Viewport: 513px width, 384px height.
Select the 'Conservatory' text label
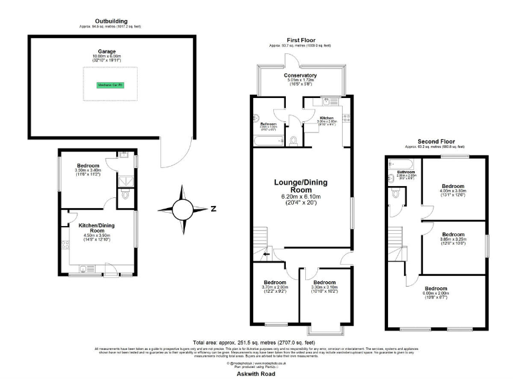click(x=301, y=75)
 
